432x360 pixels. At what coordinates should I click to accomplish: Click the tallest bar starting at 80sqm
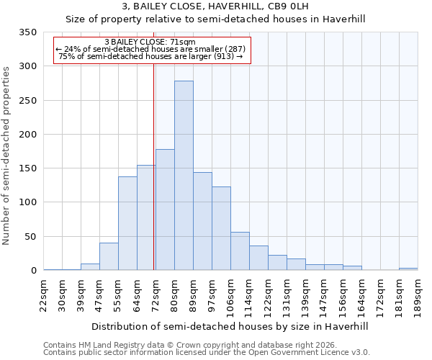click(x=184, y=176)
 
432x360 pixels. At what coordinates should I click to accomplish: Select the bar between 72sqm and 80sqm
click(x=165, y=210)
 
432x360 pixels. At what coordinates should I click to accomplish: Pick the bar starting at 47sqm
click(x=109, y=256)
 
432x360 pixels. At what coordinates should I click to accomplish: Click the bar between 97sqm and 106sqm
click(x=221, y=228)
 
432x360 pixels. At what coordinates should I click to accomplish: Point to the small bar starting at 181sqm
click(x=408, y=269)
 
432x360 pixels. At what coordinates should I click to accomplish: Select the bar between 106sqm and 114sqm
click(x=240, y=251)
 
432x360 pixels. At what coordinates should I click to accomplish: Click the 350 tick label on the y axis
click(x=27, y=32)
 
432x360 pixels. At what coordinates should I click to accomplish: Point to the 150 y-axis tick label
click(x=27, y=168)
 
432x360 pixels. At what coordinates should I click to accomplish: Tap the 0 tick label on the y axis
click(x=33, y=271)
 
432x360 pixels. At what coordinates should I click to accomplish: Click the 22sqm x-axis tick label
click(x=44, y=294)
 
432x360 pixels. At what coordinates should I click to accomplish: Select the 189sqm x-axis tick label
click(x=418, y=294)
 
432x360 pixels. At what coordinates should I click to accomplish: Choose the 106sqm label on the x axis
click(x=230, y=294)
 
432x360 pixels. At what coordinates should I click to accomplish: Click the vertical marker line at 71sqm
click(x=154, y=166)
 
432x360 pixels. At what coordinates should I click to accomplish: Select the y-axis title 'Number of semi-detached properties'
click(x=6, y=155)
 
